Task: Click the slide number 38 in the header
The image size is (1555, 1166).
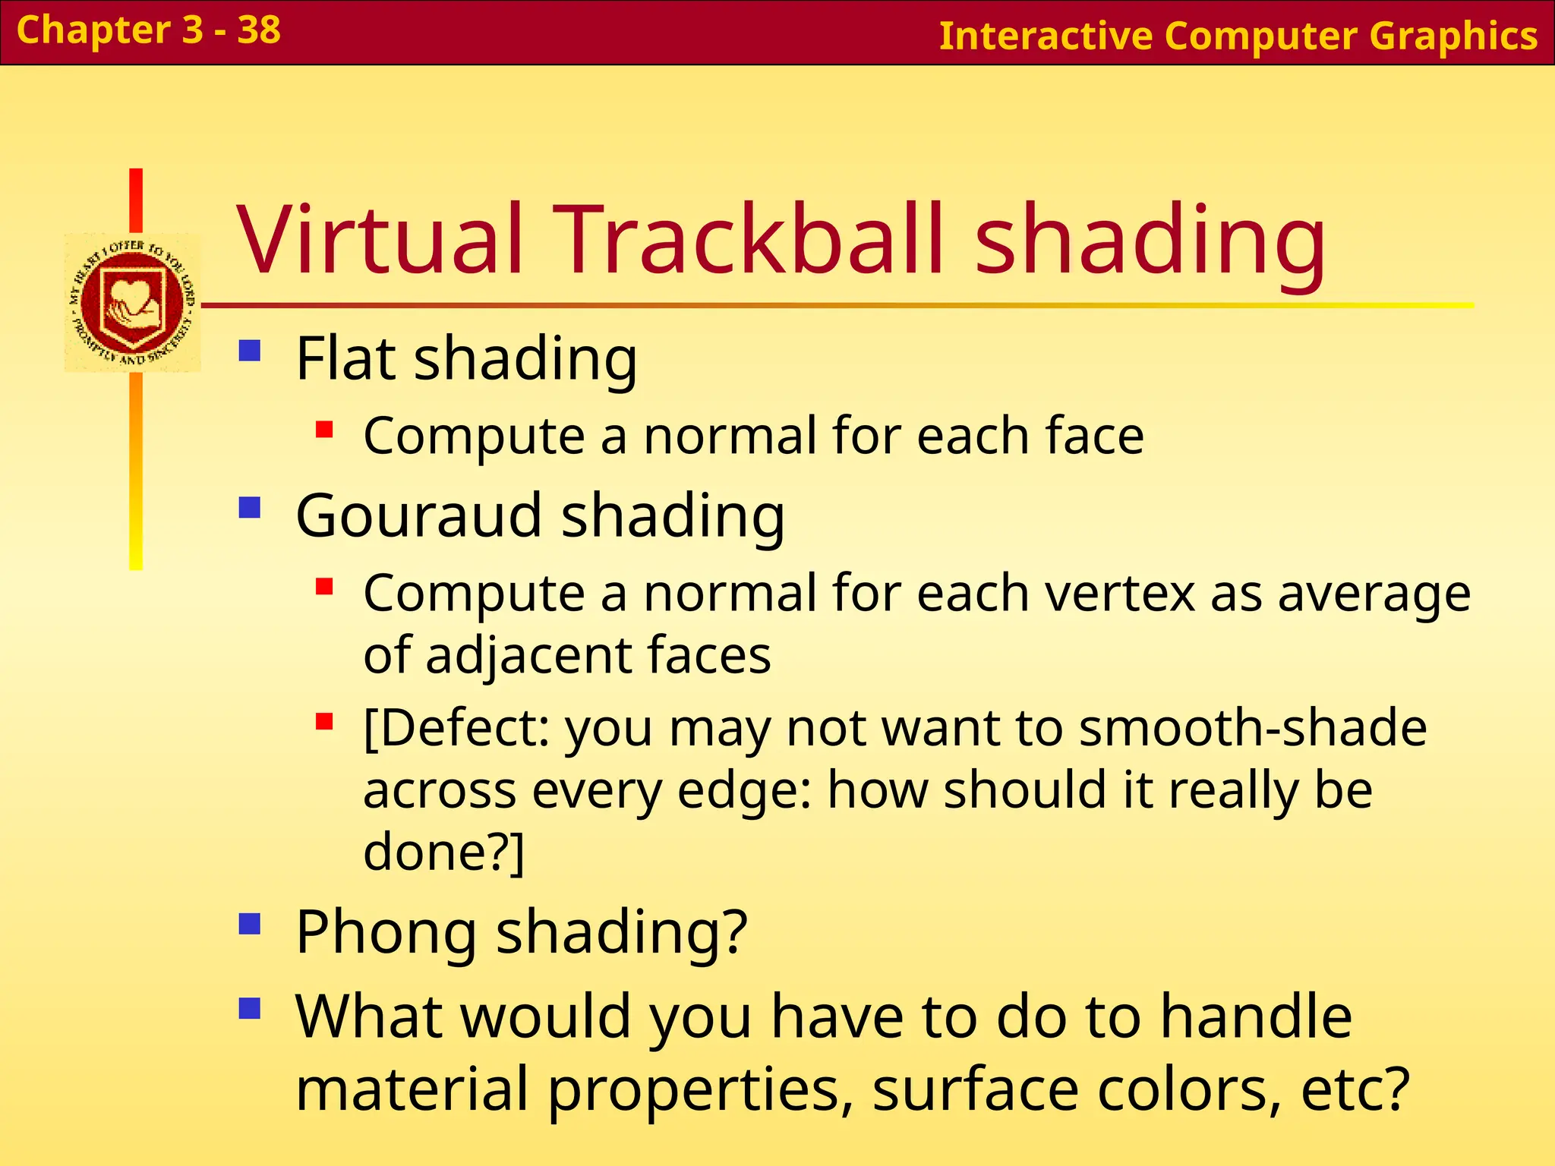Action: pos(259,30)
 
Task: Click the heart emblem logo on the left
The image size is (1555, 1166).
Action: pos(132,303)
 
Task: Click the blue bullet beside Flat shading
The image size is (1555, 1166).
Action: pos(250,351)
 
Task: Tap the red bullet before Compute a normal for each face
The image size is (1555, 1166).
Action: pos(325,430)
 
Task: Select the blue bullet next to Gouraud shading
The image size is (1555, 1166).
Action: pos(250,507)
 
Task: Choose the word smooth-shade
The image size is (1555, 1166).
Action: pos(1253,728)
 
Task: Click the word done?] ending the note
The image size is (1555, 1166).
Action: pos(443,852)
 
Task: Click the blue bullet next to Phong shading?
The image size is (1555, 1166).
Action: pos(250,924)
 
